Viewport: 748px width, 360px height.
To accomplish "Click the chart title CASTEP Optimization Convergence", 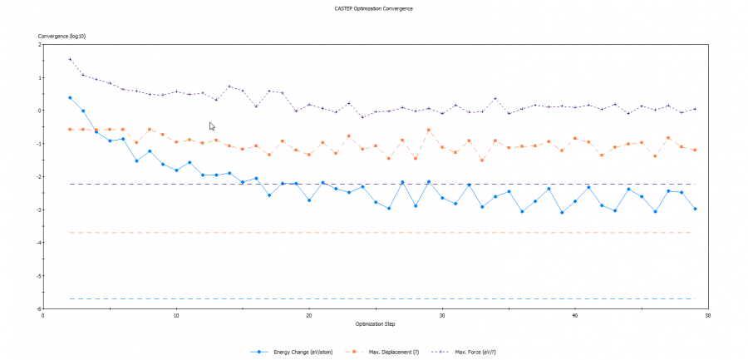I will (372, 8).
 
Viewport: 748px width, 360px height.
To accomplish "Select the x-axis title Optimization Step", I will (374, 323).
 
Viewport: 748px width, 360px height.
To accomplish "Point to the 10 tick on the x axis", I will (176, 315).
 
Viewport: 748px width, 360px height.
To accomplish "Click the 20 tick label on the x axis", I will (309, 315).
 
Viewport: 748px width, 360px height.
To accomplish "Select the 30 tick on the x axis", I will (442, 315).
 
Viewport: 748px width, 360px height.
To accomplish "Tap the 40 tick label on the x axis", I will (575, 315).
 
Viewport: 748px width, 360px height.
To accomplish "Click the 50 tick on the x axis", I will (708, 315).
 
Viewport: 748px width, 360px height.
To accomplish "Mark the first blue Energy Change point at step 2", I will (70, 97).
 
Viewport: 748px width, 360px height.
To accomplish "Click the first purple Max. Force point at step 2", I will (70, 59).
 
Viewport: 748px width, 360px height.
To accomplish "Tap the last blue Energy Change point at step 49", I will (695, 209).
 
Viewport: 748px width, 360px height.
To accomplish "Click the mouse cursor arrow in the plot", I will (211, 126).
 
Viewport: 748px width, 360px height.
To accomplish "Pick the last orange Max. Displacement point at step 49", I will (695, 150).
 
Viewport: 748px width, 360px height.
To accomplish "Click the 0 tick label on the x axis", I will (43, 315).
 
